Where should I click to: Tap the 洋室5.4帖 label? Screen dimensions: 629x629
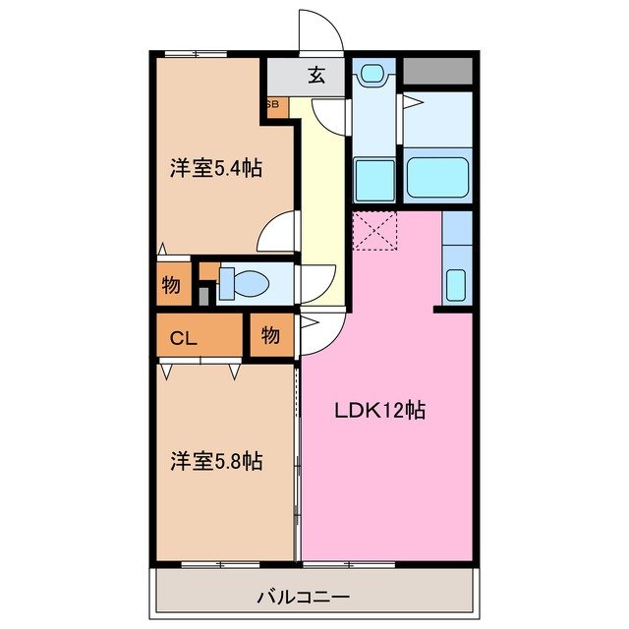[215, 168]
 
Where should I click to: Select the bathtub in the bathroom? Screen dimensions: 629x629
[438, 177]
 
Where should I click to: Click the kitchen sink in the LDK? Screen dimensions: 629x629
[456, 283]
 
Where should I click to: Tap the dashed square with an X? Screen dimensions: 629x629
[374, 232]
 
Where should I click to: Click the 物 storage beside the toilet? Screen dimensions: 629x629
[171, 285]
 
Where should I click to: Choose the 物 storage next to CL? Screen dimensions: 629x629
[270, 336]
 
